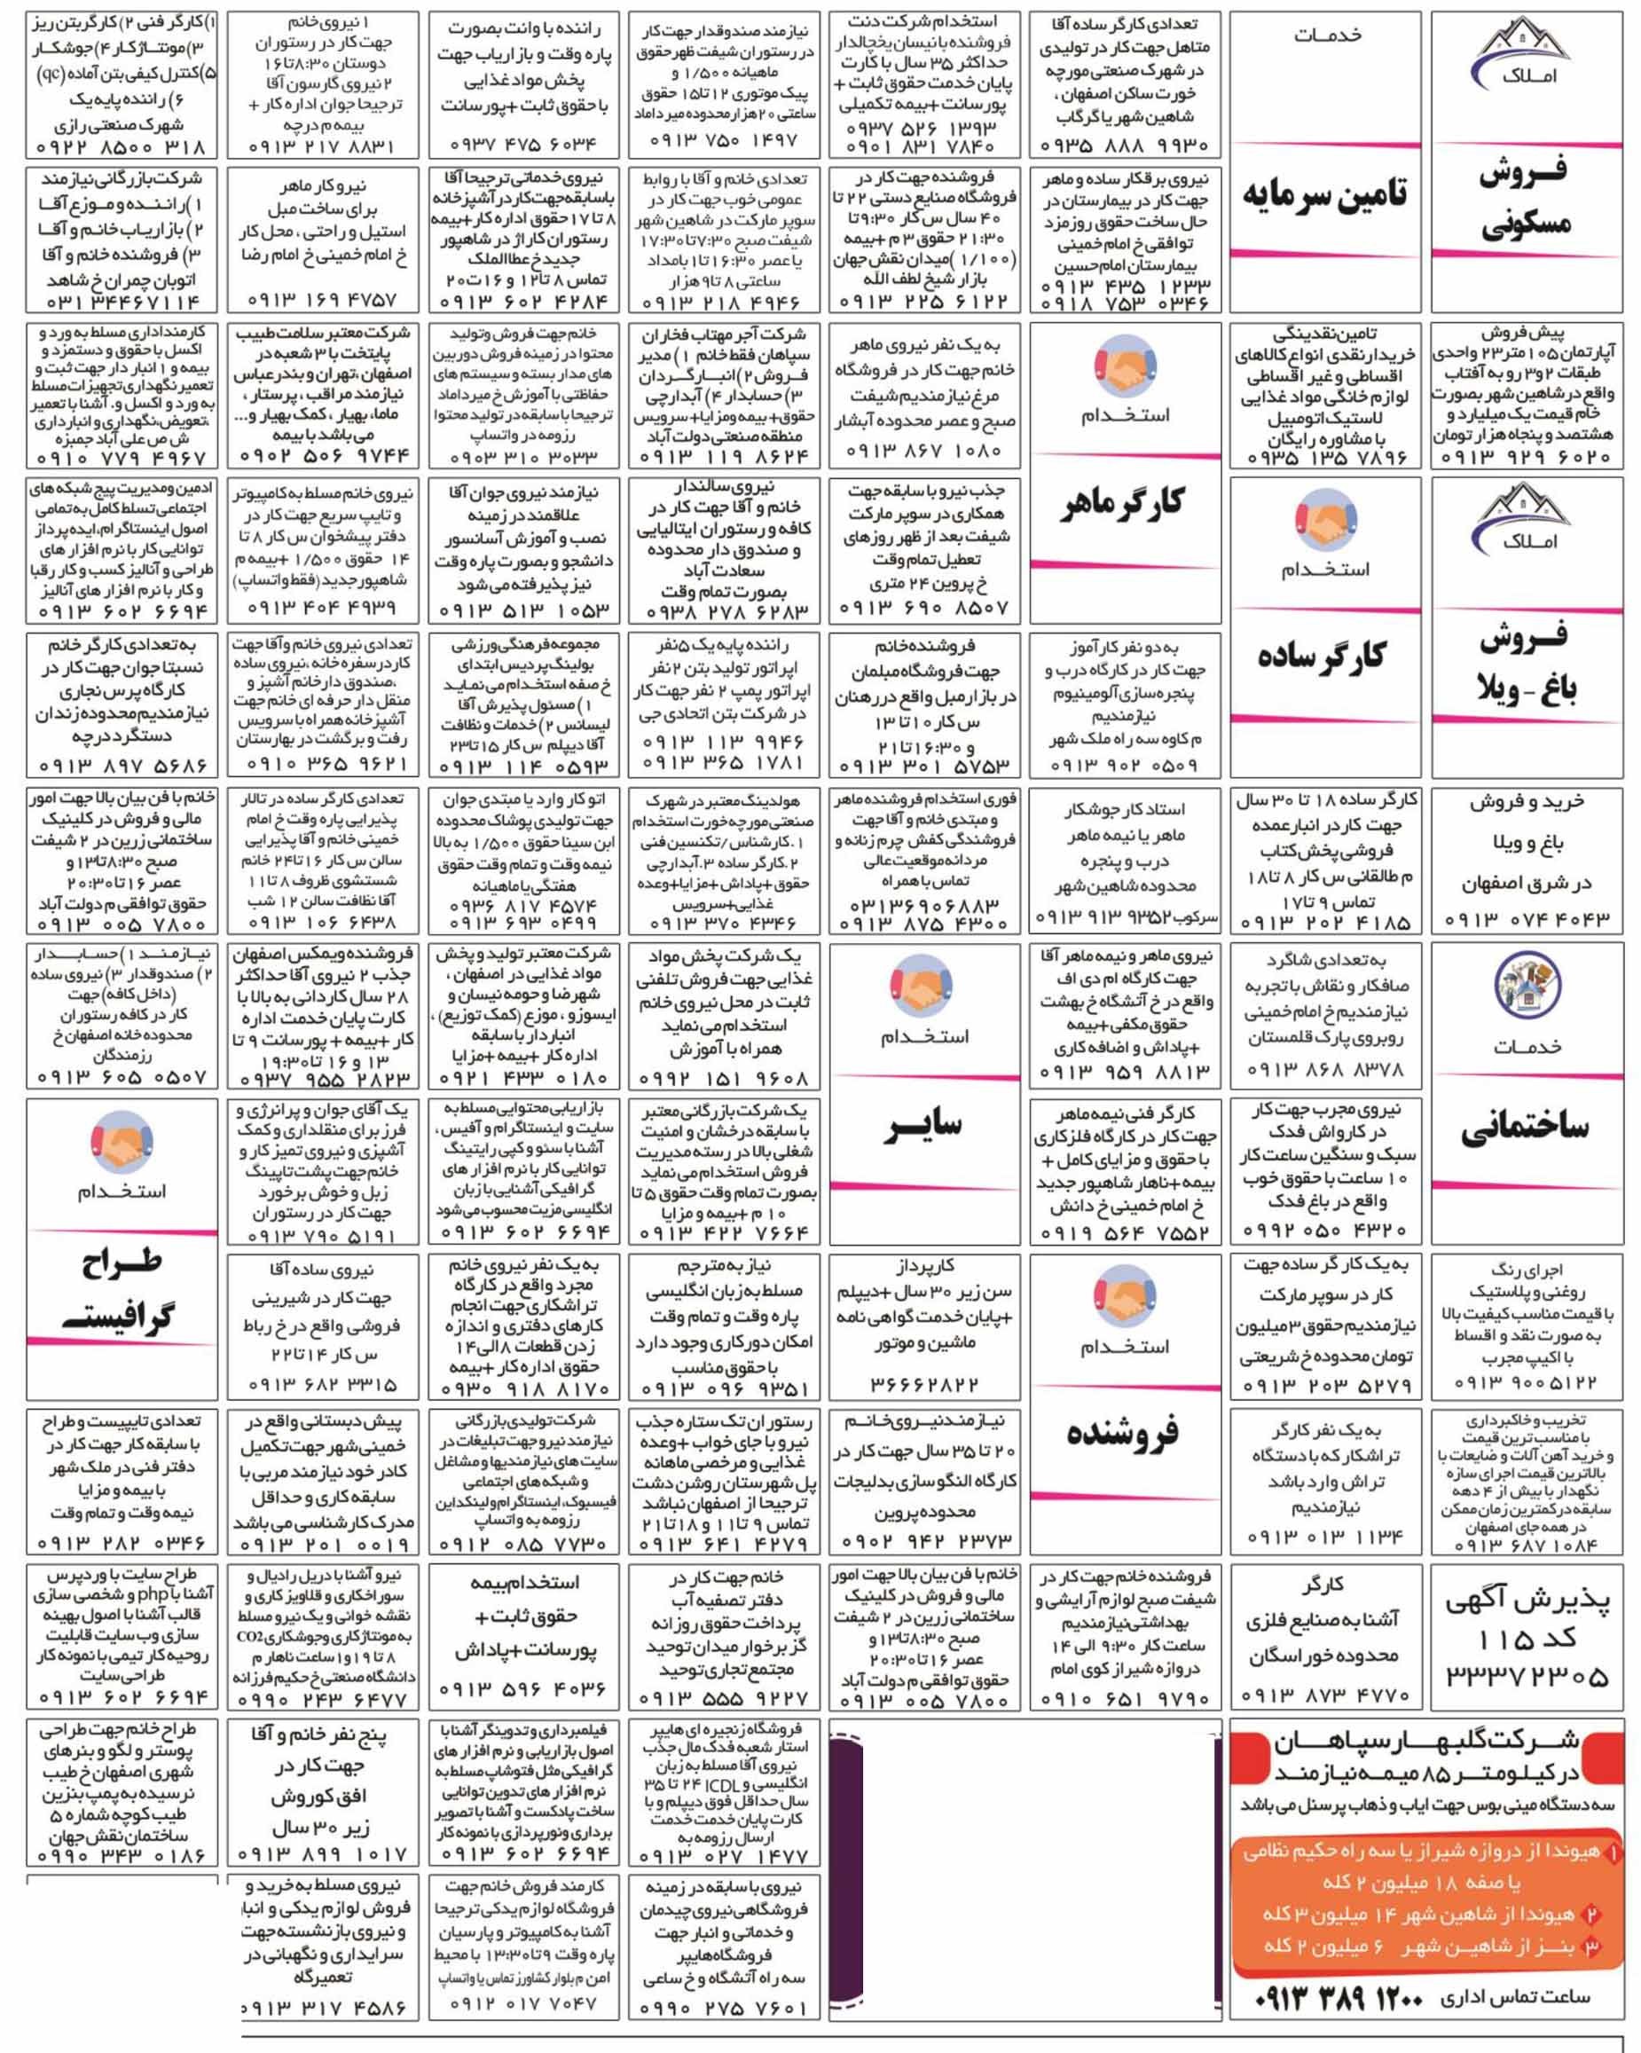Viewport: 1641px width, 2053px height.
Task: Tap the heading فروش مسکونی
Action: tap(1525, 198)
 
